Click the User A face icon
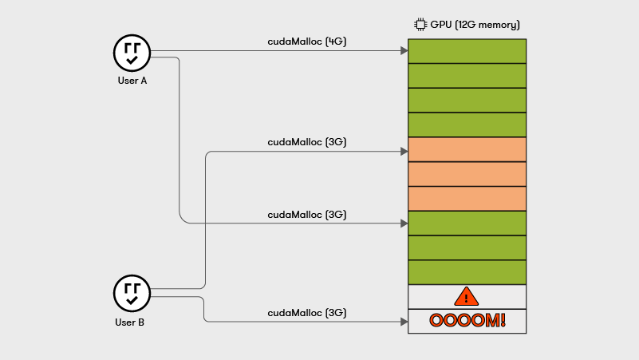(132, 53)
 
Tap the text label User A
(132, 81)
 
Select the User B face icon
(132, 293)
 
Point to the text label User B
(132, 322)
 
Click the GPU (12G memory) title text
(475, 25)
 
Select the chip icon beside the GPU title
(420, 25)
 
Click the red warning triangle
(466, 297)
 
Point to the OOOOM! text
(467, 321)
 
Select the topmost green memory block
(467, 51)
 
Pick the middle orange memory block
(467, 174)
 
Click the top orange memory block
(467, 149)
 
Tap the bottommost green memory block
(467, 272)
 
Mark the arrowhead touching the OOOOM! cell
(404, 322)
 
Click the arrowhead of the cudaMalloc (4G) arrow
(404, 51)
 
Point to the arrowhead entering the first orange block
(404, 150)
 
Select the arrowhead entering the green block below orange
(404, 224)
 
